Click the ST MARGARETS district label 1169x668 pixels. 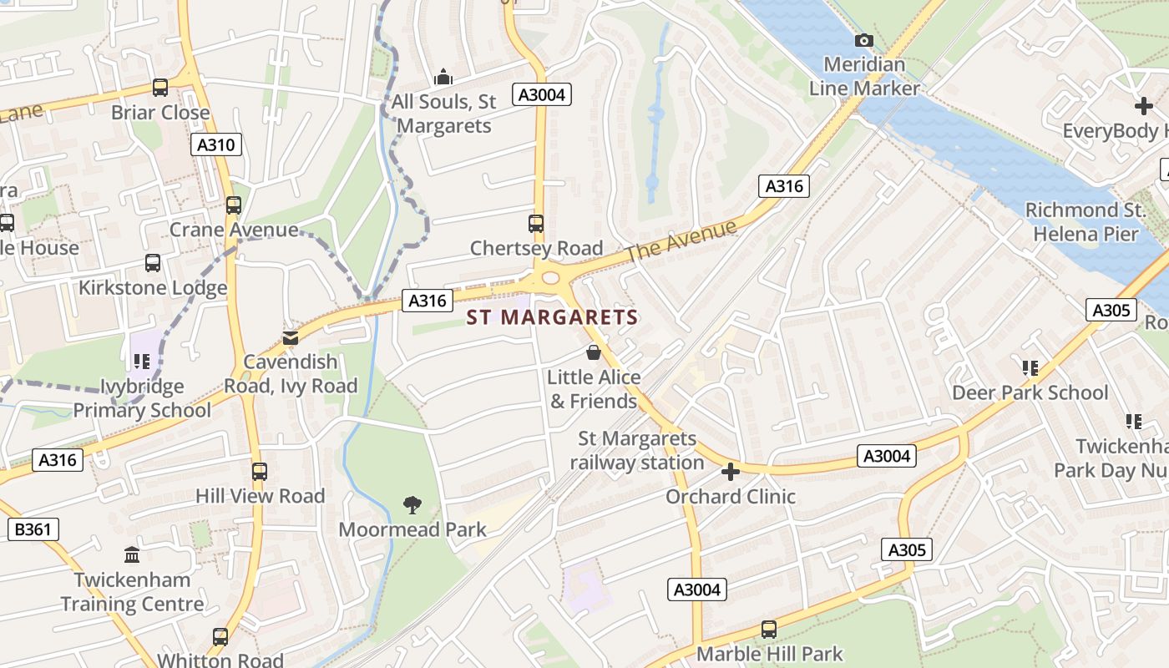[x=552, y=317]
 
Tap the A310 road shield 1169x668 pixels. [x=215, y=144]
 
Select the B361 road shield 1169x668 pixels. [x=33, y=529]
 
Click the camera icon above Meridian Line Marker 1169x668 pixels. [x=864, y=40]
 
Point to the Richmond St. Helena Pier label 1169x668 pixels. [x=1085, y=222]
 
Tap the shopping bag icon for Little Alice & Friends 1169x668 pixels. [x=594, y=352]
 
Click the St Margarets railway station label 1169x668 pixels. [x=637, y=450]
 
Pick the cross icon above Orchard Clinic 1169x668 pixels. [x=731, y=473]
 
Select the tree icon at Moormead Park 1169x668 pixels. [x=412, y=504]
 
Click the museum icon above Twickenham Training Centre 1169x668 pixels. [x=131, y=554]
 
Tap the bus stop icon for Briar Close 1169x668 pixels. [x=160, y=87]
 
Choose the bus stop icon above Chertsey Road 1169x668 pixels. [x=536, y=224]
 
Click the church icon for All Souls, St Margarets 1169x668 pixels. [x=443, y=78]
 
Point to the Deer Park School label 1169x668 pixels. [x=1030, y=392]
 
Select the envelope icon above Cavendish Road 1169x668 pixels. [x=290, y=338]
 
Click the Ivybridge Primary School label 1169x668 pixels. [x=142, y=398]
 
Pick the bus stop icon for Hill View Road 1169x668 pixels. [x=260, y=471]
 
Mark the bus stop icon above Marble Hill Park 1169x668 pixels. [x=769, y=629]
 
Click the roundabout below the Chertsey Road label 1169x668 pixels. [x=550, y=278]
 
